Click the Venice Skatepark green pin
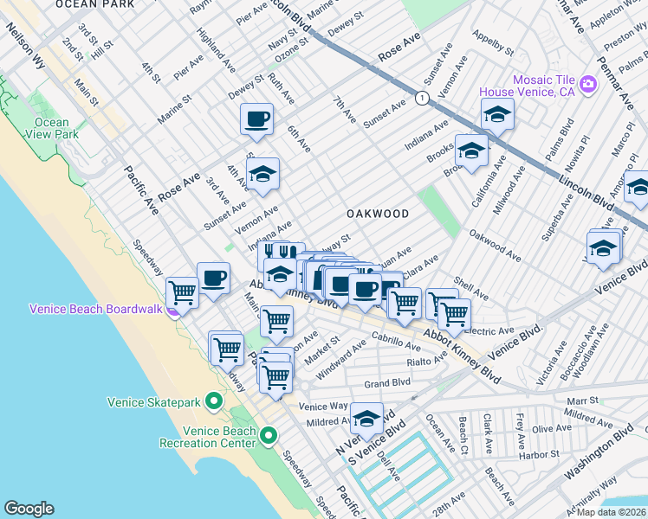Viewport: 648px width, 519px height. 214,401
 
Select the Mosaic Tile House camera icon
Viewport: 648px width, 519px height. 588,84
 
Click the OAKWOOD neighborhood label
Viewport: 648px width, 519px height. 377,213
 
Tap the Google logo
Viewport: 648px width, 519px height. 29,509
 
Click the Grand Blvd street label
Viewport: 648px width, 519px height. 386,382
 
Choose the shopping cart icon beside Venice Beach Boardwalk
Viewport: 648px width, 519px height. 183,292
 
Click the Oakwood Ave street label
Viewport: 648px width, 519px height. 495,245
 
